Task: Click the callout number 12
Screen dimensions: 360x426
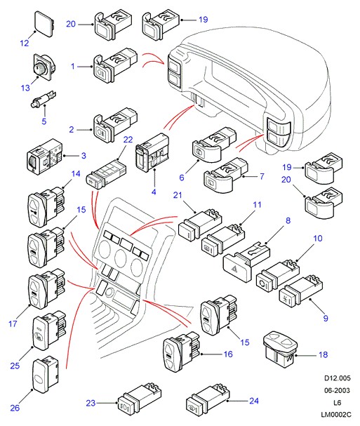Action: tap(24, 43)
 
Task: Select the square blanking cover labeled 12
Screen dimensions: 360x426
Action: tap(44, 24)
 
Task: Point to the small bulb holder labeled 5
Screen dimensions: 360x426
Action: tap(44, 100)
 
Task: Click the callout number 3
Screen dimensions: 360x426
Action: tap(84, 156)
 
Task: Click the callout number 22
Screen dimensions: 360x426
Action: tap(128, 140)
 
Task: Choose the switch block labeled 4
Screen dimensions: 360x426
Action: tap(152, 152)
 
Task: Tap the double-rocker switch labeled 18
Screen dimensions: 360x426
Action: tap(281, 349)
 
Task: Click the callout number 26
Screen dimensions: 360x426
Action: tap(15, 408)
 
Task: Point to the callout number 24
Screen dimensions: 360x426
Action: tap(254, 401)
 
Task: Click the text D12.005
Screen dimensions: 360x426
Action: tap(338, 378)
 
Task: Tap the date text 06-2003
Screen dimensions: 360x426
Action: tap(337, 390)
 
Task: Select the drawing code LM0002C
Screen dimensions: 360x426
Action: tap(336, 415)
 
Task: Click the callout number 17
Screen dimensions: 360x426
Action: tap(13, 324)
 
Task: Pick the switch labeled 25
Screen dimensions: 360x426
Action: tap(49, 330)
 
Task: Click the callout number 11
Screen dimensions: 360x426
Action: tap(257, 204)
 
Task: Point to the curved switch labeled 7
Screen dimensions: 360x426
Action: tap(226, 175)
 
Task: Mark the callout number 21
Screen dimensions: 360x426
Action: tap(178, 195)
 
